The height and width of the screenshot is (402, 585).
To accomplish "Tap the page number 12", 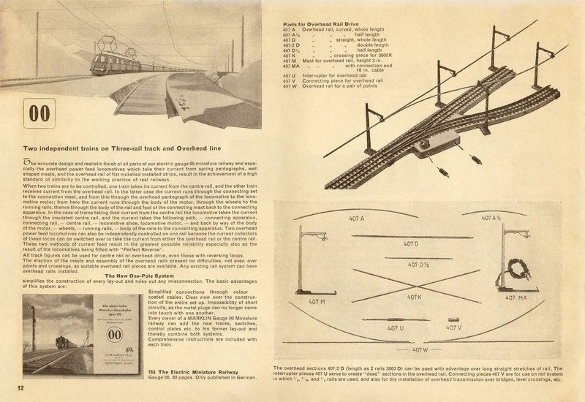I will [x=12, y=385].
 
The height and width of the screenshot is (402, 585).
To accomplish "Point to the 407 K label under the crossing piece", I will [x=415, y=297].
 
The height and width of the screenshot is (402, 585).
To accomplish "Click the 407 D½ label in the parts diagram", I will [x=419, y=264].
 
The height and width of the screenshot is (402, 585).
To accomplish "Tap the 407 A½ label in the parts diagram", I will [x=491, y=219].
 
